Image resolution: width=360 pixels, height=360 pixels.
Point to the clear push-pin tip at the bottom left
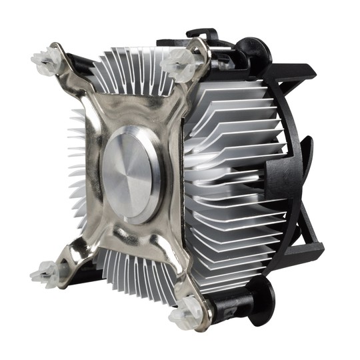click(44, 273)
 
